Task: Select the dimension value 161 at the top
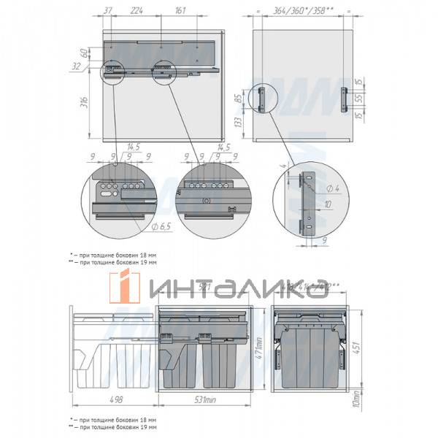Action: (180, 11)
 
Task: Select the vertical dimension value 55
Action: (359, 97)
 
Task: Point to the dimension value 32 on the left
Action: (77, 66)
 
